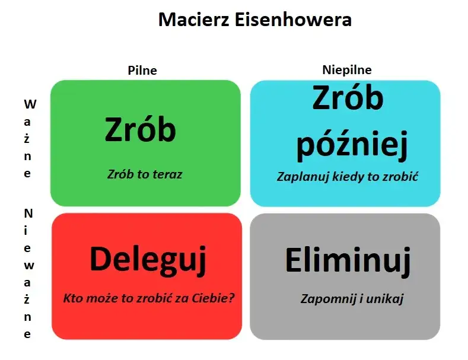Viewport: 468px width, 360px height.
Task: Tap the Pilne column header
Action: pos(142,71)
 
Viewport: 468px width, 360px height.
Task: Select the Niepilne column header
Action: pos(347,70)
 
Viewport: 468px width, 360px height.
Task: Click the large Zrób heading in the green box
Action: pos(141,129)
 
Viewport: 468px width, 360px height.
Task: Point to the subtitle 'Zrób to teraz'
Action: pos(145,174)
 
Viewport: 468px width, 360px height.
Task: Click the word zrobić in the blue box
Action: pos(401,177)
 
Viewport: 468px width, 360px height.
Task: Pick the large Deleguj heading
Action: pos(148,260)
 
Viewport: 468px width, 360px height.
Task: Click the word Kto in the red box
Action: pos(73,297)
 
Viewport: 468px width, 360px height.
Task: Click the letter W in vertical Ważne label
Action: pos(30,104)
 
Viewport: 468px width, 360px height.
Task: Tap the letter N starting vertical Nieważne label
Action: pos(28,212)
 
